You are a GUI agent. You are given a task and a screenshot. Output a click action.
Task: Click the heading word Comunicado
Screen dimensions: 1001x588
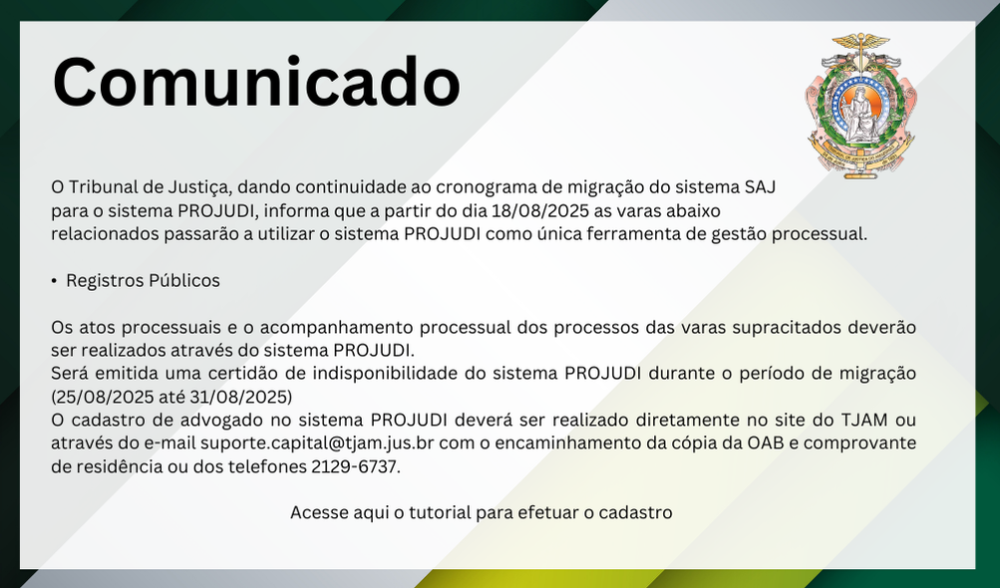[x=256, y=83]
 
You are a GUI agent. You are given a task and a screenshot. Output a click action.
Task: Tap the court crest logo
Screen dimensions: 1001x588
[x=860, y=106]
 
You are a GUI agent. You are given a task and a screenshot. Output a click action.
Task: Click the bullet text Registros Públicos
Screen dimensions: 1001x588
[x=143, y=280]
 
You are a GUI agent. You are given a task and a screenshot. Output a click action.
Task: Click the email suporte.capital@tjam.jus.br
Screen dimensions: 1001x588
[x=317, y=443]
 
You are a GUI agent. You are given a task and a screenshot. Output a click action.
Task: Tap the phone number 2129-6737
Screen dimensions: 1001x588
[x=354, y=466]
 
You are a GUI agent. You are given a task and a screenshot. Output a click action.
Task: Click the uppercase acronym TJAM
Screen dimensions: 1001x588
[x=864, y=421]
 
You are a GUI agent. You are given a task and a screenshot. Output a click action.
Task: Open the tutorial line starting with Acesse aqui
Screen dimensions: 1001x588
[x=482, y=512]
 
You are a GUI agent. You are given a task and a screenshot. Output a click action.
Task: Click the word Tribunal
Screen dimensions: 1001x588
[x=103, y=187]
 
